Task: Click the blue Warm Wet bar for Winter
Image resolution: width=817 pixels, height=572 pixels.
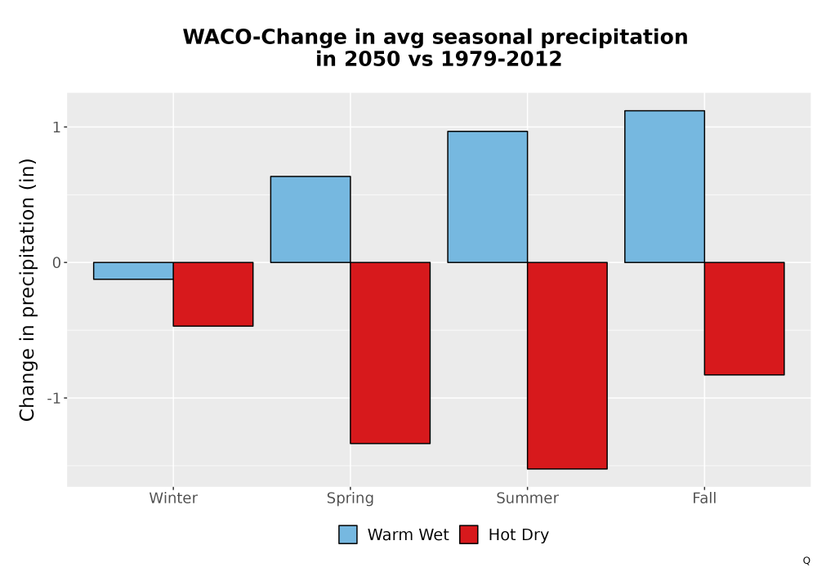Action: pos(133,271)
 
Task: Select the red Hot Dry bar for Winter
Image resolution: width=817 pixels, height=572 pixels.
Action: pos(213,294)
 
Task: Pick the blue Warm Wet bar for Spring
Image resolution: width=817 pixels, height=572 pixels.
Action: pos(310,219)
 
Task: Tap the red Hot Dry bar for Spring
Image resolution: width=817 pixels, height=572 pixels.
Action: pos(391,353)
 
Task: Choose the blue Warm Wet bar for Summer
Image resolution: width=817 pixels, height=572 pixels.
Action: pos(488,197)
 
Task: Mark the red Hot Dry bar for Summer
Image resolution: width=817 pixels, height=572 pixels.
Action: pos(568,366)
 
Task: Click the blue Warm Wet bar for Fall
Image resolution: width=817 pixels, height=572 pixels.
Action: pos(665,186)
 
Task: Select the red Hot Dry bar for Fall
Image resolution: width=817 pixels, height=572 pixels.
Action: pos(744,319)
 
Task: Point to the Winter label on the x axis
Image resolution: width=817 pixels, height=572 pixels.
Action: pos(173,498)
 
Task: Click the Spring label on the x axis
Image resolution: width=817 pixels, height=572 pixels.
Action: pos(350,498)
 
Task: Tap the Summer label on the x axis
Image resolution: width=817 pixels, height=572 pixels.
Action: pos(527,498)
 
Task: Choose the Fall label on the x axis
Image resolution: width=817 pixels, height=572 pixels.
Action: pos(704,498)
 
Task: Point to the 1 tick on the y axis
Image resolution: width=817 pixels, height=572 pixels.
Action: pos(57,127)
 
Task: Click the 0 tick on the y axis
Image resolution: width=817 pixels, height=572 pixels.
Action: pos(57,262)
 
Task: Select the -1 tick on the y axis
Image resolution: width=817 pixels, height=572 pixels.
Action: pos(54,399)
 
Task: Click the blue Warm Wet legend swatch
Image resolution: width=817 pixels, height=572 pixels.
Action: pos(348,534)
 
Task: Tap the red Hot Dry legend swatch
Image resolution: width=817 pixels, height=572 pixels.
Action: pos(469,534)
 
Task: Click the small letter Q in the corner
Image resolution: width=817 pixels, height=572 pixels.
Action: pos(806,561)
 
